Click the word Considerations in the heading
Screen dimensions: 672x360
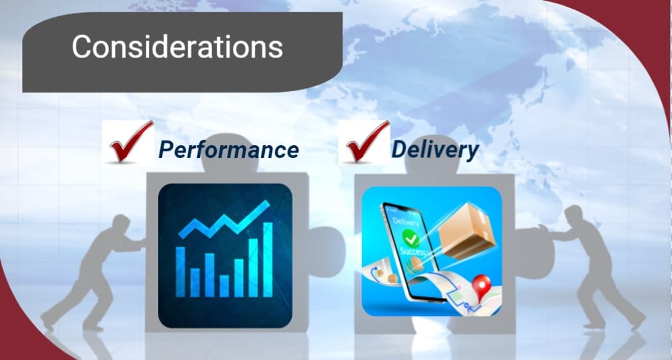click(177, 47)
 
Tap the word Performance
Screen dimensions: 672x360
click(228, 150)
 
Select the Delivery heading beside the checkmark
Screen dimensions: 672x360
click(435, 150)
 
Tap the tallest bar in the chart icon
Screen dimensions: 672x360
click(267, 260)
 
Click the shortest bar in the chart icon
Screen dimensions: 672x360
click(224, 286)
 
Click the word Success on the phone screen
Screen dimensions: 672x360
click(412, 251)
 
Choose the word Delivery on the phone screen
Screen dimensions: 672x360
click(406, 222)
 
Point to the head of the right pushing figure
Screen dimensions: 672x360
click(573, 215)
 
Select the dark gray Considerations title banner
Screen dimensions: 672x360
click(182, 52)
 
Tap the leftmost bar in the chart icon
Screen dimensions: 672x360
click(180, 272)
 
